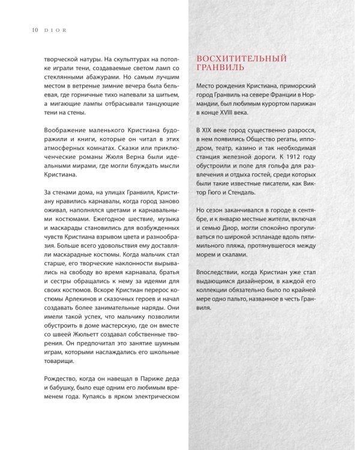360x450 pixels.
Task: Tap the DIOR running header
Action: point(47,28)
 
